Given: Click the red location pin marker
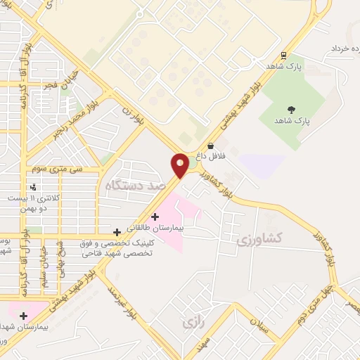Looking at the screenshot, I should pos(181,165).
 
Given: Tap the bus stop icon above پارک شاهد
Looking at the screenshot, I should pos(284,56).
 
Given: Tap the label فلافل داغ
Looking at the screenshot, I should pos(211,156).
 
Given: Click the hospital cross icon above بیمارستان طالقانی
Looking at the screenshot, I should pos(155,217).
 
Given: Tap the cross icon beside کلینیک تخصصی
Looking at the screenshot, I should pos(117,232).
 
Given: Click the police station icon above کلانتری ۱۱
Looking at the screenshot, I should pos(33,186).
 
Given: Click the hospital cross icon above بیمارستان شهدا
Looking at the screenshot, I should pos(24,316).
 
